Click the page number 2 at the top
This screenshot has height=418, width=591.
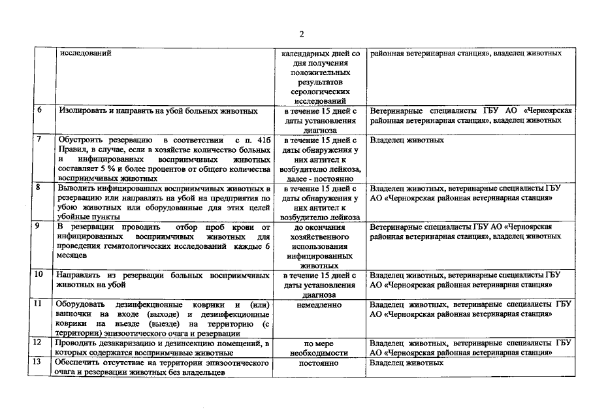(301, 34)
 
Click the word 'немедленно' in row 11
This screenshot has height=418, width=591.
(319, 304)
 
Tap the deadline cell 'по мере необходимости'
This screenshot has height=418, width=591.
(319, 347)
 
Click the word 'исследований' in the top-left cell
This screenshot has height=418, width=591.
(81, 53)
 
